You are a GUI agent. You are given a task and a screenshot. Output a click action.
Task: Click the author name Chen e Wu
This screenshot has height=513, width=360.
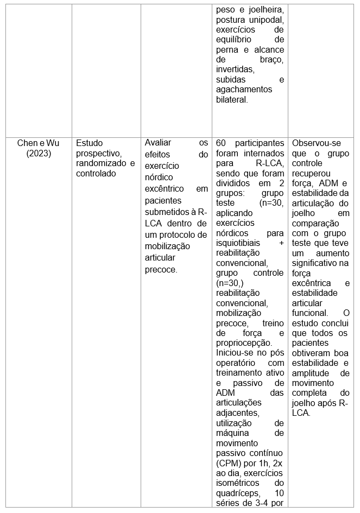click(x=38, y=143)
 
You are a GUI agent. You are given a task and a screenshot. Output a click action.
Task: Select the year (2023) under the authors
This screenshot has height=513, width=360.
click(x=38, y=154)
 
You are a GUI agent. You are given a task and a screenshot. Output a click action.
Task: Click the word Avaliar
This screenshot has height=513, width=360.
click(x=158, y=143)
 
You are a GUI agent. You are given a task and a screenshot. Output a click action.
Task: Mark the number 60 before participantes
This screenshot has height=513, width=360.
click(x=221, y=143)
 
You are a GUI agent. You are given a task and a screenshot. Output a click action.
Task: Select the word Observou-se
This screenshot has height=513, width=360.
click(x=317, y=143)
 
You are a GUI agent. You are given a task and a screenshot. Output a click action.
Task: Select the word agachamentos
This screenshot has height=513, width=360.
click(x=244, y=90)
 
